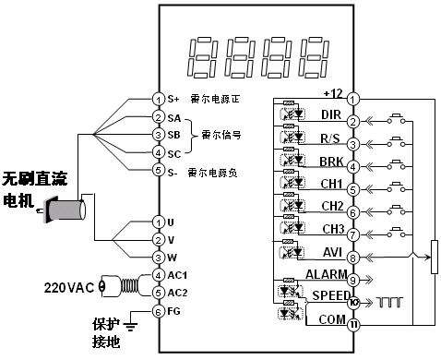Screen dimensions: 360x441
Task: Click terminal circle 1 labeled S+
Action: click(x=158, y=98)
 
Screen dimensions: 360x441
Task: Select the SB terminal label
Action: click(x=173, y=135)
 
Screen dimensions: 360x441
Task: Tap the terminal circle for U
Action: click(x=158, y=222)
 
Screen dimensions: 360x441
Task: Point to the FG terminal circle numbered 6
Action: click(x=158, y=311)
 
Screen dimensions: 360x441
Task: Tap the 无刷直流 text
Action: click(x=38, y=176)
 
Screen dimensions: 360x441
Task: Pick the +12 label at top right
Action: click(x=333, y=92)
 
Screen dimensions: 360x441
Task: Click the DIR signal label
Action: click(x=330, y=114)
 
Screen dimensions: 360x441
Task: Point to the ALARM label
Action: click(x=324, y=274)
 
